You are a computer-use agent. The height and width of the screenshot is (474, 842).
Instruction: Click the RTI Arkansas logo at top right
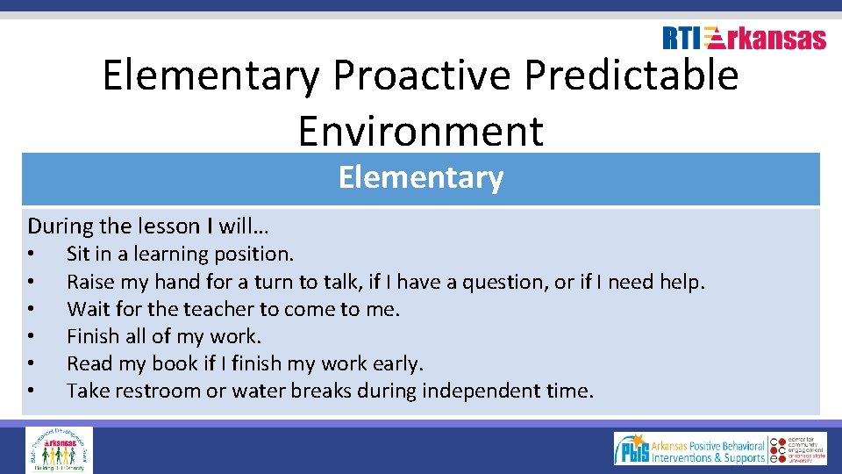tap(744, 38)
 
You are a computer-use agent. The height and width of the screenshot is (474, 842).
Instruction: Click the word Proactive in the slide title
tap(420, 75)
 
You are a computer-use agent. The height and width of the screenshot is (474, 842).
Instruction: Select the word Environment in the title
tap(420, 131)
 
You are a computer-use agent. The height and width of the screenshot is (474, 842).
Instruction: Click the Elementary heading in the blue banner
tap(420, 178)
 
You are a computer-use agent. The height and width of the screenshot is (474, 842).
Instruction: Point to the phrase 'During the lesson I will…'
tap(148, 226)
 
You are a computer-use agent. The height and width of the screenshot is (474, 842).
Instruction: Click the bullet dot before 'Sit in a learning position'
tap(31, 255)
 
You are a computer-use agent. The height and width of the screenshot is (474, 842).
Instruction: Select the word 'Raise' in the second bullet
tap(91, 282)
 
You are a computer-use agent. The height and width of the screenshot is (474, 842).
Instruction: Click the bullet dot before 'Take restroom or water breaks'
tap(31, 391)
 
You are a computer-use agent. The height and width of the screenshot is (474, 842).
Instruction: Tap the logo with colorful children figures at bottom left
tap(59, 449)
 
